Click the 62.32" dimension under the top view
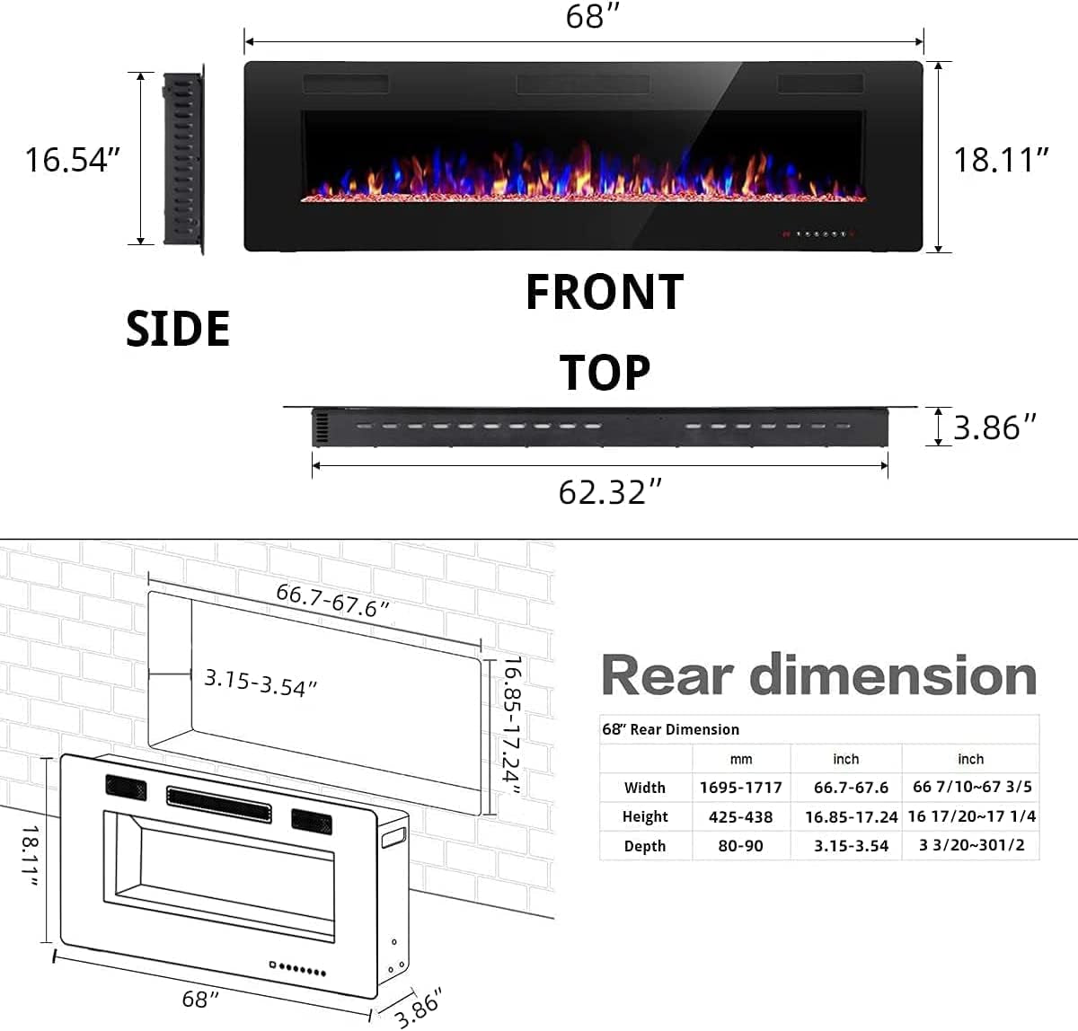(610, 492)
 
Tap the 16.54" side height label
(72, 160)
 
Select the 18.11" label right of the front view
(1001, 160)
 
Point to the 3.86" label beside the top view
(994, 427)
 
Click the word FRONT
(605, 293)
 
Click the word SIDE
(178, 329)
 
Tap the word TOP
(605, 373)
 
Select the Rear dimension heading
(818, 675)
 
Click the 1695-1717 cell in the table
(740, 788)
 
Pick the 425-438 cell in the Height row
(740, 816)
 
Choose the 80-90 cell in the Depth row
(740, 846)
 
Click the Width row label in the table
(645, 788)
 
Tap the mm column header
(740, 759)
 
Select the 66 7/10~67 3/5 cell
(972, 787)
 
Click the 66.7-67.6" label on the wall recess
(332, 600)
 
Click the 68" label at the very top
(593, 17)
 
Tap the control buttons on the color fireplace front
(817, 234)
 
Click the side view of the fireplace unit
(183, 159)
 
